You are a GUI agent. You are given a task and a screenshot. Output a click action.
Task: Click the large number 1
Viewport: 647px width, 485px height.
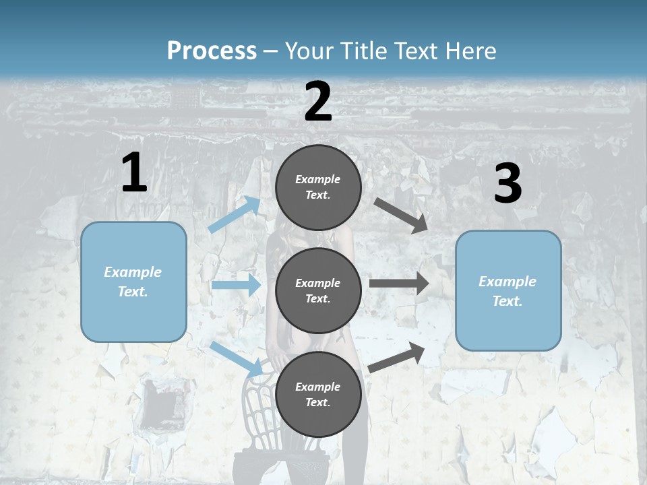point(134,173)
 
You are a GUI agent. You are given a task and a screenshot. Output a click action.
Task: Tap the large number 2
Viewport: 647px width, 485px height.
point(318,102)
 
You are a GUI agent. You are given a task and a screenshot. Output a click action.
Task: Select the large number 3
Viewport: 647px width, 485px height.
point(507,184)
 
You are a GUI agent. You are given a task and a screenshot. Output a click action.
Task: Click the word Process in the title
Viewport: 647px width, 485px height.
point(212,51)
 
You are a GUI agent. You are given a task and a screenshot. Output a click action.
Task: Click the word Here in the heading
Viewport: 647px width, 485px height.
point(470,51)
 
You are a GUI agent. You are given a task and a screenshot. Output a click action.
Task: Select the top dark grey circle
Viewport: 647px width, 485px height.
point(318,187)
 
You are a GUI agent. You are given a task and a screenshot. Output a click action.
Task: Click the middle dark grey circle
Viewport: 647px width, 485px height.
point(318,290)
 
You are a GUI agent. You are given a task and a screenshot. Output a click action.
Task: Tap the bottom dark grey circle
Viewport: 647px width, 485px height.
point(318,394)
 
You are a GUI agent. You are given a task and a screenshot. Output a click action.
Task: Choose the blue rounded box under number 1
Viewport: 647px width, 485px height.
point(133,282)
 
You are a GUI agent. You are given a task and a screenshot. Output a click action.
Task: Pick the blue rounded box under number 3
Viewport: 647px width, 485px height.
point(508,290)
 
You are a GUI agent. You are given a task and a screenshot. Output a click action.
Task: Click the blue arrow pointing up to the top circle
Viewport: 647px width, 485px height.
point(235,214)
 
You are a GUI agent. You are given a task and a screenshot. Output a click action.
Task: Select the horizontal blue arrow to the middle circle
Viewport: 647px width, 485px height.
point(236,285)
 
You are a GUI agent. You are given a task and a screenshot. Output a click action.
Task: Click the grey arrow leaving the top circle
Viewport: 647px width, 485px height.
point(402,216)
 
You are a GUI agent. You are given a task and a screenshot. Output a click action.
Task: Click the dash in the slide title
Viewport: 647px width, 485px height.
point(270,51)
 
